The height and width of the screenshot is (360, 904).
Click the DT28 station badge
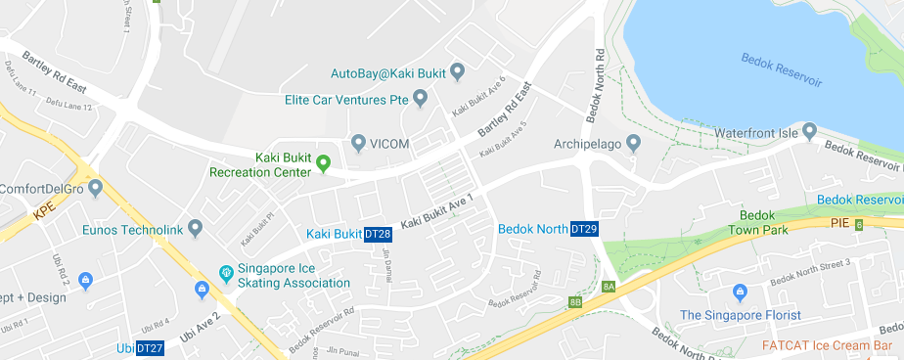378,234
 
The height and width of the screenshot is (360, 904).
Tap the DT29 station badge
584,229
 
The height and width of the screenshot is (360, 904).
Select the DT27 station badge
150,348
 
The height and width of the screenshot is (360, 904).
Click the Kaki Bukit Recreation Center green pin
322,162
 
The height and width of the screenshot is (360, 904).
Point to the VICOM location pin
358,144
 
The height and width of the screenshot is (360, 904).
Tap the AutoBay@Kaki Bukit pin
457,73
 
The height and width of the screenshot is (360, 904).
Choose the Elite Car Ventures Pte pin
421,99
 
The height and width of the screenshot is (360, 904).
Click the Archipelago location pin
633,144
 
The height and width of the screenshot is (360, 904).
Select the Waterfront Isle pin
809,131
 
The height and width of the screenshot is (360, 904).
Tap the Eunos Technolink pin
195,229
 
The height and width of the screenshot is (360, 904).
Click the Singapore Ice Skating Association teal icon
225,271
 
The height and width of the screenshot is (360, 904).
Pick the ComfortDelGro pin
95,187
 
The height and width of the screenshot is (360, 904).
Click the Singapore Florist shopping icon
740,292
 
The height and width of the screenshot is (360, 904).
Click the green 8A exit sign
609,287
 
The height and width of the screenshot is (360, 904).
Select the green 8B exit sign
575,302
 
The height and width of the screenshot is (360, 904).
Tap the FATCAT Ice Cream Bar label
833,345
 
